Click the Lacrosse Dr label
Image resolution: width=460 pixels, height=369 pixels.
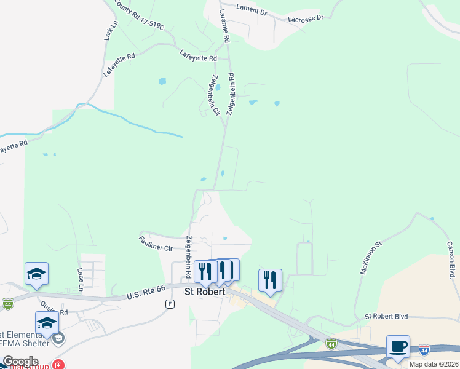click(x=307, y=18)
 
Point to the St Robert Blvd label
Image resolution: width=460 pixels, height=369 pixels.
click(x=386, y=317)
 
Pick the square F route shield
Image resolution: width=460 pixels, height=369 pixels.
click(x=169, y=304)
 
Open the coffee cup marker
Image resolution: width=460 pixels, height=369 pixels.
click(x=398, y=346)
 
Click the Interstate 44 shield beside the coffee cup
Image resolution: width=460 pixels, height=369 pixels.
click(x=424, y=349)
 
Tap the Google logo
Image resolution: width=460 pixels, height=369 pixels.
click(x=20, y=362)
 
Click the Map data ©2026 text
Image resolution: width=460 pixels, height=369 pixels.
click(x=434, y=364)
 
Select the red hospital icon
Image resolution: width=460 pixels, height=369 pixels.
click(x=58, y=365)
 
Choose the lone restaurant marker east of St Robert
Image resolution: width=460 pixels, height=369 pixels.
click(x=270, y=280)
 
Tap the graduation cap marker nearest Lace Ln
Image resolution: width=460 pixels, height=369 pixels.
click(x=36, y=274)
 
